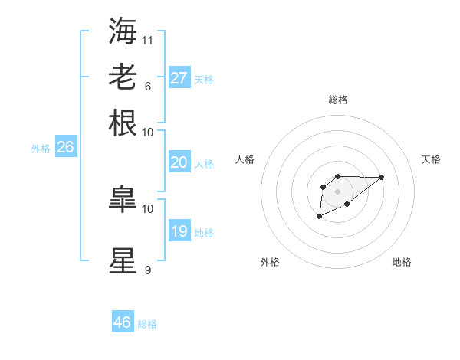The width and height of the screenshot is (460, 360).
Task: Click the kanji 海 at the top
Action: (x=123, y=31)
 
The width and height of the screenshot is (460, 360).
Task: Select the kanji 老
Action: (x=123, y=77)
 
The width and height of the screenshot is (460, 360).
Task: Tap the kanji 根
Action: (x=123, y=123)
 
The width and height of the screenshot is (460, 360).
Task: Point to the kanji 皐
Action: (x=123, y=200)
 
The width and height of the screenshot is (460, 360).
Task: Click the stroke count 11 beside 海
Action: (x=148, y=40)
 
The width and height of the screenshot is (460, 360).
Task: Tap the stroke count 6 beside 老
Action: (x=147, y=86)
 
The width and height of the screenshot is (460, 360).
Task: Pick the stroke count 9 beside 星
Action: (x=147, y=270)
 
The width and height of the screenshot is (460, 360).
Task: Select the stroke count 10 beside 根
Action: (x=148, y=132)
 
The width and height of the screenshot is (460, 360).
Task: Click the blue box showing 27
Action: (x=179, y=77)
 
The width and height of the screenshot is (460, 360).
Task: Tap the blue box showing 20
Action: (x=179, y=162)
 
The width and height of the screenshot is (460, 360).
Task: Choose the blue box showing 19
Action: (x=179, y=231)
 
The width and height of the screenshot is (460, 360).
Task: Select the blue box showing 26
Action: (x=65, y=148)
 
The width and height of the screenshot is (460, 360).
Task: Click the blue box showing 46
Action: (x=123, y=322)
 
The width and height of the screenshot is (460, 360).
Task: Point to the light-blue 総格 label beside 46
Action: (x=147, y=324)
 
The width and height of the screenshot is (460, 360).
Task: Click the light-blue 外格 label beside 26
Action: (x=41, y=149)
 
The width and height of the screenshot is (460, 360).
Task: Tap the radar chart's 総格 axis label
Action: (x=337, y=100)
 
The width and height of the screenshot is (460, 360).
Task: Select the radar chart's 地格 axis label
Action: (x=402, y=262)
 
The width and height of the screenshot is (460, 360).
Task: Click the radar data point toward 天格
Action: (x=382, y=177)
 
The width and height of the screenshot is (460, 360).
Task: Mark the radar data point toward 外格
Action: (x=319, y=218)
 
